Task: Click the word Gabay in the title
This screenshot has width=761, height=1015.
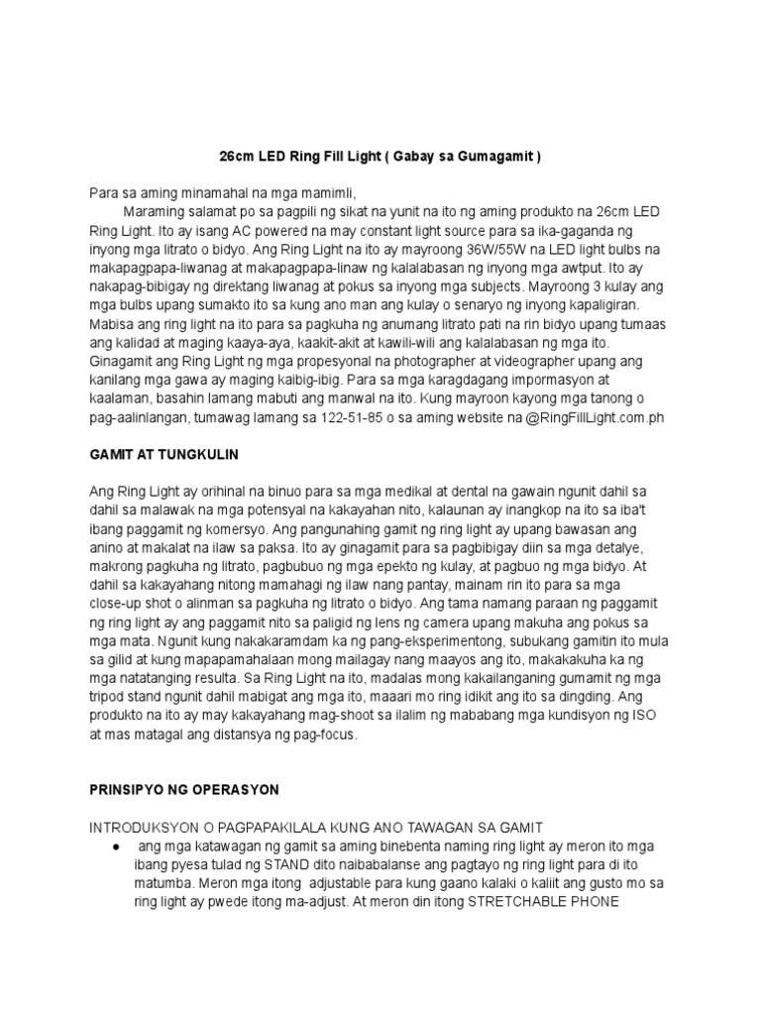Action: (x=421, y=157)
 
